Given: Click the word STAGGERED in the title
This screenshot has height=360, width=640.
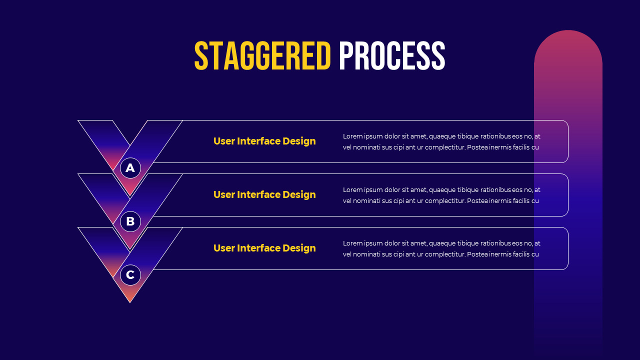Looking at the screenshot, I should coord(262,56).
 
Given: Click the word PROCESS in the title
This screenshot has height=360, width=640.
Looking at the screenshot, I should coord(391,56).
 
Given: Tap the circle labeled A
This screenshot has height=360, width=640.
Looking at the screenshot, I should coord(130,168).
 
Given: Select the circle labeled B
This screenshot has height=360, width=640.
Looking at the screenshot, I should coord(130,221).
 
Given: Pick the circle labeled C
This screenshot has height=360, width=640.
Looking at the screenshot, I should coord(130,275).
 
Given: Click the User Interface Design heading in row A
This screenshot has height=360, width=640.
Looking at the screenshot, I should coord(264,141).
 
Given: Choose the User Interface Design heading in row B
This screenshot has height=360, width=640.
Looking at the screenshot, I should coord(264,194).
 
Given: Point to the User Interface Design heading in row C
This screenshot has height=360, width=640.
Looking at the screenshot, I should coord(264,248).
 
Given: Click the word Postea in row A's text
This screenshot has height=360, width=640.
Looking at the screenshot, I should coord(477,147).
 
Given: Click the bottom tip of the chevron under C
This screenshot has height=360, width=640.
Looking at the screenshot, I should coord(130,300).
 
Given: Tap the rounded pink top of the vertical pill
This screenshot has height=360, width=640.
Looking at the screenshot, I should coord(568,42).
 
